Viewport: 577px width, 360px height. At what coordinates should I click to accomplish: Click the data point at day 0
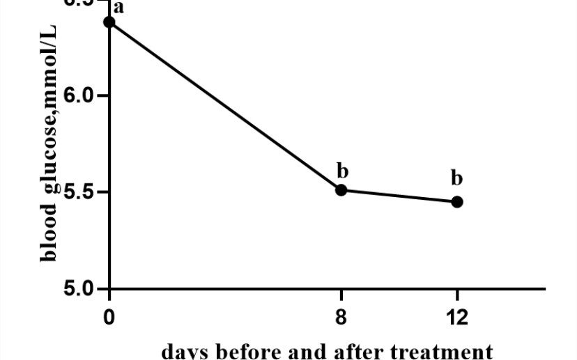click(x=109, y=22)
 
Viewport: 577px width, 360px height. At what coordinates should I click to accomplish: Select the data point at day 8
click(x=341, y=190)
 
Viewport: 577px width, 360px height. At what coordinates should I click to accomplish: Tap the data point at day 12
click(x=457, y=202)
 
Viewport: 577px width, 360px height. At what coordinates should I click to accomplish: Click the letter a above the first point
click(x=118, y=8)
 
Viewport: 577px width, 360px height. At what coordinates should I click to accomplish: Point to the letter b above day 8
click(x=341, y=170)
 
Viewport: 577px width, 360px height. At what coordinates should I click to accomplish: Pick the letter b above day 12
click(x=457, y=178)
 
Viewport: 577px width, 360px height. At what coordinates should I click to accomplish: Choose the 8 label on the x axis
click(x=341, y=317)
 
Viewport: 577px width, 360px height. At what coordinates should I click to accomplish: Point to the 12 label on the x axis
click(x=457, y=317)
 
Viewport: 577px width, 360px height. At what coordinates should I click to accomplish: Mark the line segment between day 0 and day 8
click(x=225, y=106)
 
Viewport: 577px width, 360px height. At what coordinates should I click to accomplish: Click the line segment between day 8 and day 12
click(x=399, y=196)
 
